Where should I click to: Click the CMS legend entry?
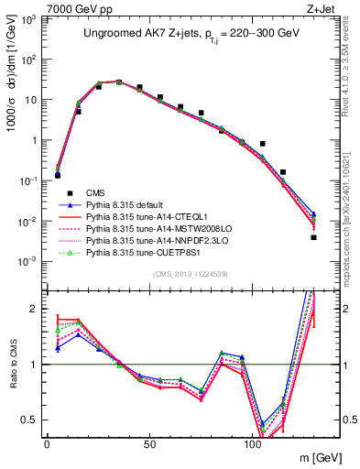tap(96, 192)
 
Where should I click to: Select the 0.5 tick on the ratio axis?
tap(31, 420)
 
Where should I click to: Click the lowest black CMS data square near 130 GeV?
tap(313, 237)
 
